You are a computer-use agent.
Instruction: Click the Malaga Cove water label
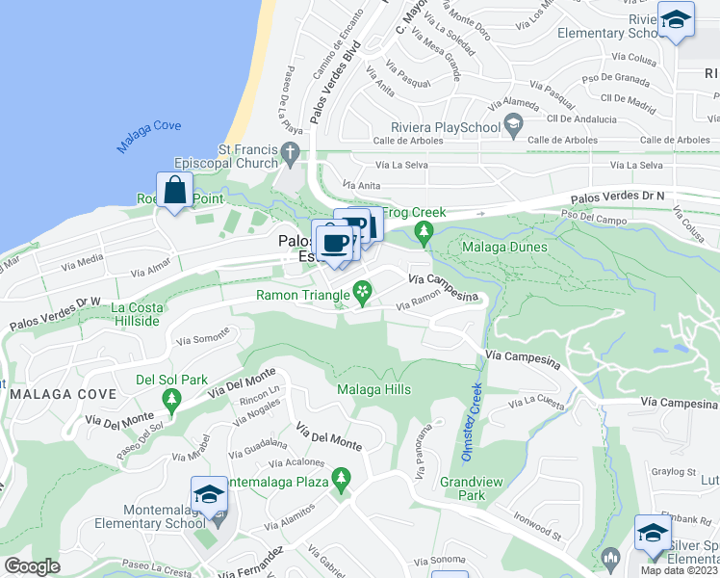[x=148, y=131]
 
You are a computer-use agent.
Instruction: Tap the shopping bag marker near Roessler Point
[x=175, y=191]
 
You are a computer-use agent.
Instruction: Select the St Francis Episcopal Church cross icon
[x=290, y=152]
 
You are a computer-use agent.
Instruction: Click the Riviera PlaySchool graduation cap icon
[x=514, y=126]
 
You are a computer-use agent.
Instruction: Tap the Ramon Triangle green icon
[x=362, y=290]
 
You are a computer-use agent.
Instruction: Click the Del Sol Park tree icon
[x=171, y=397]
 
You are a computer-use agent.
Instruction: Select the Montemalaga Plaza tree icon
[x=340, y=479]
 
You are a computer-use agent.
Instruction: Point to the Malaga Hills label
[x=373, y=390]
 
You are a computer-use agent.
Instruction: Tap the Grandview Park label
[x=463, y=488]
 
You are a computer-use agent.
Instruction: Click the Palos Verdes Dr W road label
[x=56, y=314]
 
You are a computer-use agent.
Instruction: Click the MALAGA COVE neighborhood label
[x=64, y=394]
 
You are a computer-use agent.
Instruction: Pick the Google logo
[x=32, y=566]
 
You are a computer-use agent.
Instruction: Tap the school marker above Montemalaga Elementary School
[x=209, y=495]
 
